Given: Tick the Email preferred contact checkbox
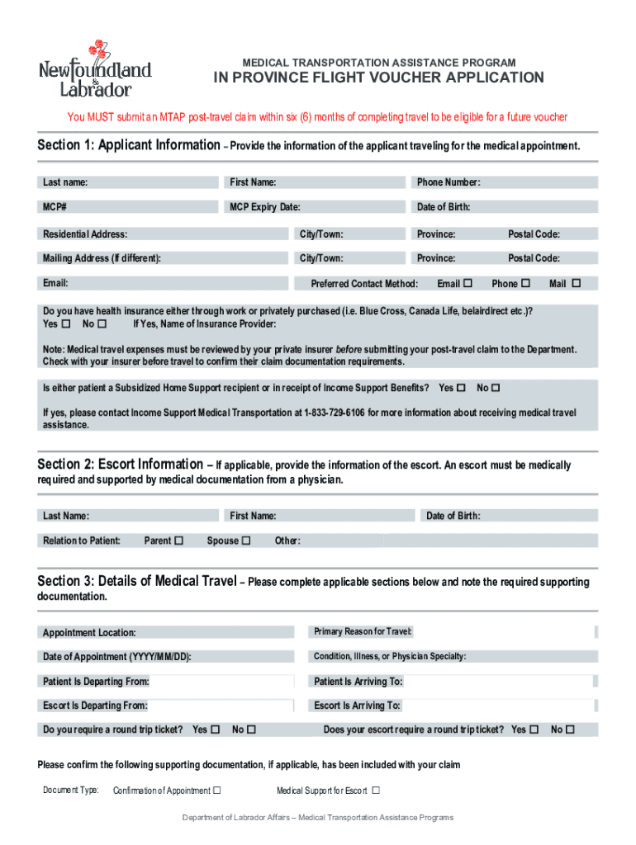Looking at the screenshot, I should (x=468, y=284).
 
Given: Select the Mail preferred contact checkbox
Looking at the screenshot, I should (x=577, y=284).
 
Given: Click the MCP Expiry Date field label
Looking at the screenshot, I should (x=264, y=207).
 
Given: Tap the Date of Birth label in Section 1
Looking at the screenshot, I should (x=443, y=207).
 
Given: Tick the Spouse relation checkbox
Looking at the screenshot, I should (x=246, y=541).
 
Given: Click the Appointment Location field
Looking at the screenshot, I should (x=165, y=633).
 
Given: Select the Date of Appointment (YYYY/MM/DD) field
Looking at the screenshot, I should (x=165, y=657).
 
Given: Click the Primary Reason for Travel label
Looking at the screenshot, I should (x=363, y=632).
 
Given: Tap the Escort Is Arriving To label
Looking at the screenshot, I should (x=357, y=706).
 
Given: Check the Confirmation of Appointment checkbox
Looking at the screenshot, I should (x=217, y=791).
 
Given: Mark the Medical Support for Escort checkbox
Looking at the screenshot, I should (x=376, y=791).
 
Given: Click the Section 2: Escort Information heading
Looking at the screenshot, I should (x=120, y=465).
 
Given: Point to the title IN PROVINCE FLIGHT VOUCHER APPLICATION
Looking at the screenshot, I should (x=379, y=78).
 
